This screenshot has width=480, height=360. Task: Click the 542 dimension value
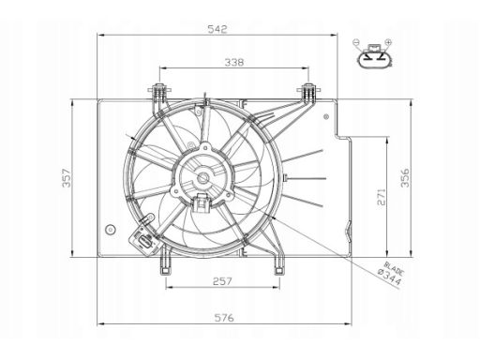pos(217,29)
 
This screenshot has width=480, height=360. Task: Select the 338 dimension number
pos(234,63)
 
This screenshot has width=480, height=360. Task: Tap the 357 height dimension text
pos(67,178)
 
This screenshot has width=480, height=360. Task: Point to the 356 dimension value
pos(404,177)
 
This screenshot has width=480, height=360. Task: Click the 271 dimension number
pos(382,197)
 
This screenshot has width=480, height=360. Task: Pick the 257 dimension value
pos(222,281)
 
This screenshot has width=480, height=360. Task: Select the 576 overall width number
pos(224,318)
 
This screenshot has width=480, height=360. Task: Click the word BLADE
pos(394,268)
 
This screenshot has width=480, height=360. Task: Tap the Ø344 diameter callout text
pos(389,277)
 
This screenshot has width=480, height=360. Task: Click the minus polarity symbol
pos(356,41)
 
